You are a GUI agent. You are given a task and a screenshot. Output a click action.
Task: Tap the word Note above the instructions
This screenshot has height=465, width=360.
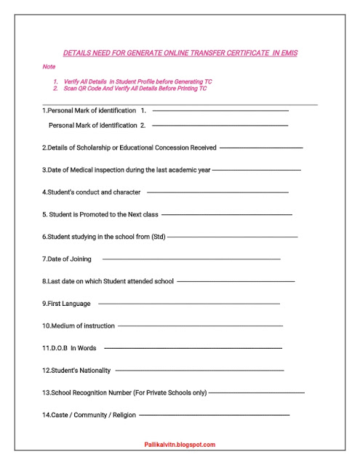[49, 66]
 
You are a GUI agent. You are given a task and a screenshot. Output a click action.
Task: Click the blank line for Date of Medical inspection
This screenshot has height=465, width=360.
[256, 170]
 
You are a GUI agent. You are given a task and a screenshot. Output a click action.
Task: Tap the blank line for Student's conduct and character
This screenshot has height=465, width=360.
[217, 193]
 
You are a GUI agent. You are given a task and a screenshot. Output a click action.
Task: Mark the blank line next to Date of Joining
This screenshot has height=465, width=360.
[191, 259]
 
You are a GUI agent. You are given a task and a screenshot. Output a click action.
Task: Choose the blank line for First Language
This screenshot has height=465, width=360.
[188, 304]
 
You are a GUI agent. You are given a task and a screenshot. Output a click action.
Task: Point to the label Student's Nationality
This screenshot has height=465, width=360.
[76, 371]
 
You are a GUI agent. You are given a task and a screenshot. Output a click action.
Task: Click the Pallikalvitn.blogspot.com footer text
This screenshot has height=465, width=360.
[180, 445]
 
